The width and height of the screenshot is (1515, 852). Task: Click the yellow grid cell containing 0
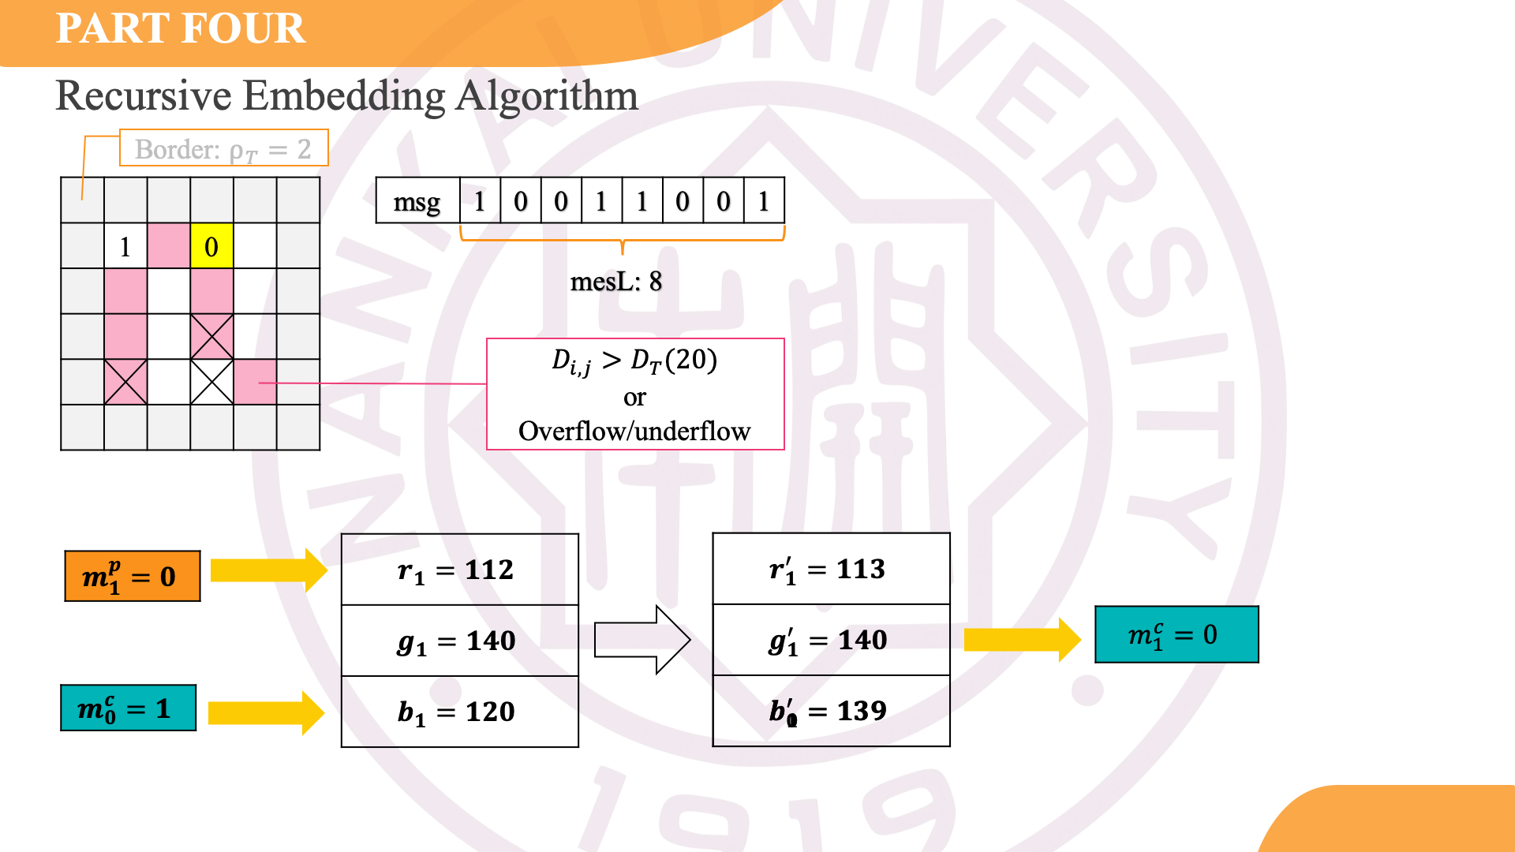(x=211, y=246)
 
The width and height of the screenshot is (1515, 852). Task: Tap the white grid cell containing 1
(x=125, y=246)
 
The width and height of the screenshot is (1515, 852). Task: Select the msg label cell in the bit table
(x=417, y=201)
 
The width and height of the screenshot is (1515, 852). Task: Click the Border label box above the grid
(x=223, y=148)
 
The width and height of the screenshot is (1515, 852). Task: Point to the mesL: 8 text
(x=615, y=282)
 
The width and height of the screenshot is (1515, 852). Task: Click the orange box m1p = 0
(x=132, y=577)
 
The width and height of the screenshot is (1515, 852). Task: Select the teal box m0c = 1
(x=128, y=708)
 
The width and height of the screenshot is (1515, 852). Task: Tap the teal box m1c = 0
(x=1176, y=635)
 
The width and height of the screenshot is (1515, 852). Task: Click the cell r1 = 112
(x=459, y=570)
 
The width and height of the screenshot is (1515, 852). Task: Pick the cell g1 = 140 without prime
(x=459, y=641)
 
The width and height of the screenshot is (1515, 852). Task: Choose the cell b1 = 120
(x=459, y=712)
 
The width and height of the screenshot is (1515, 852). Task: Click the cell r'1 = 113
(x=831, y=569)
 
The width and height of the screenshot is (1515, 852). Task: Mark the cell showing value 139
(x=831, y=711)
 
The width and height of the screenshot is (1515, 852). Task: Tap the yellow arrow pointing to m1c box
(x=1021, y=639)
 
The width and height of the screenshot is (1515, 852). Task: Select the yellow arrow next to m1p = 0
(x=268, y=570)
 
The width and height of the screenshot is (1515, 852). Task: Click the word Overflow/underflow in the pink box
(x=634, y=432)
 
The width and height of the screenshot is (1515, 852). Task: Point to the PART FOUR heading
(x=181, y=28)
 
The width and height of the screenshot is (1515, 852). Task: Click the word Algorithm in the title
(x=547, y=96)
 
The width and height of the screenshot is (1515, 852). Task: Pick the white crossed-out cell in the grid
(x=211, y=382)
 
